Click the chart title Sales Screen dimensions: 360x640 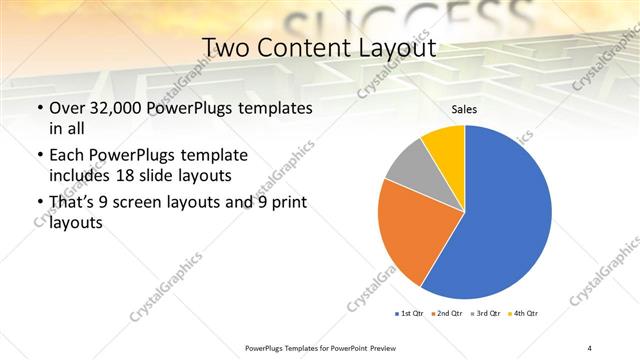(x=464, y=110)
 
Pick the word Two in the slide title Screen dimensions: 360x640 (x=229, y=47)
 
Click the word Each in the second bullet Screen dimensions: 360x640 (x=68, y=155)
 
